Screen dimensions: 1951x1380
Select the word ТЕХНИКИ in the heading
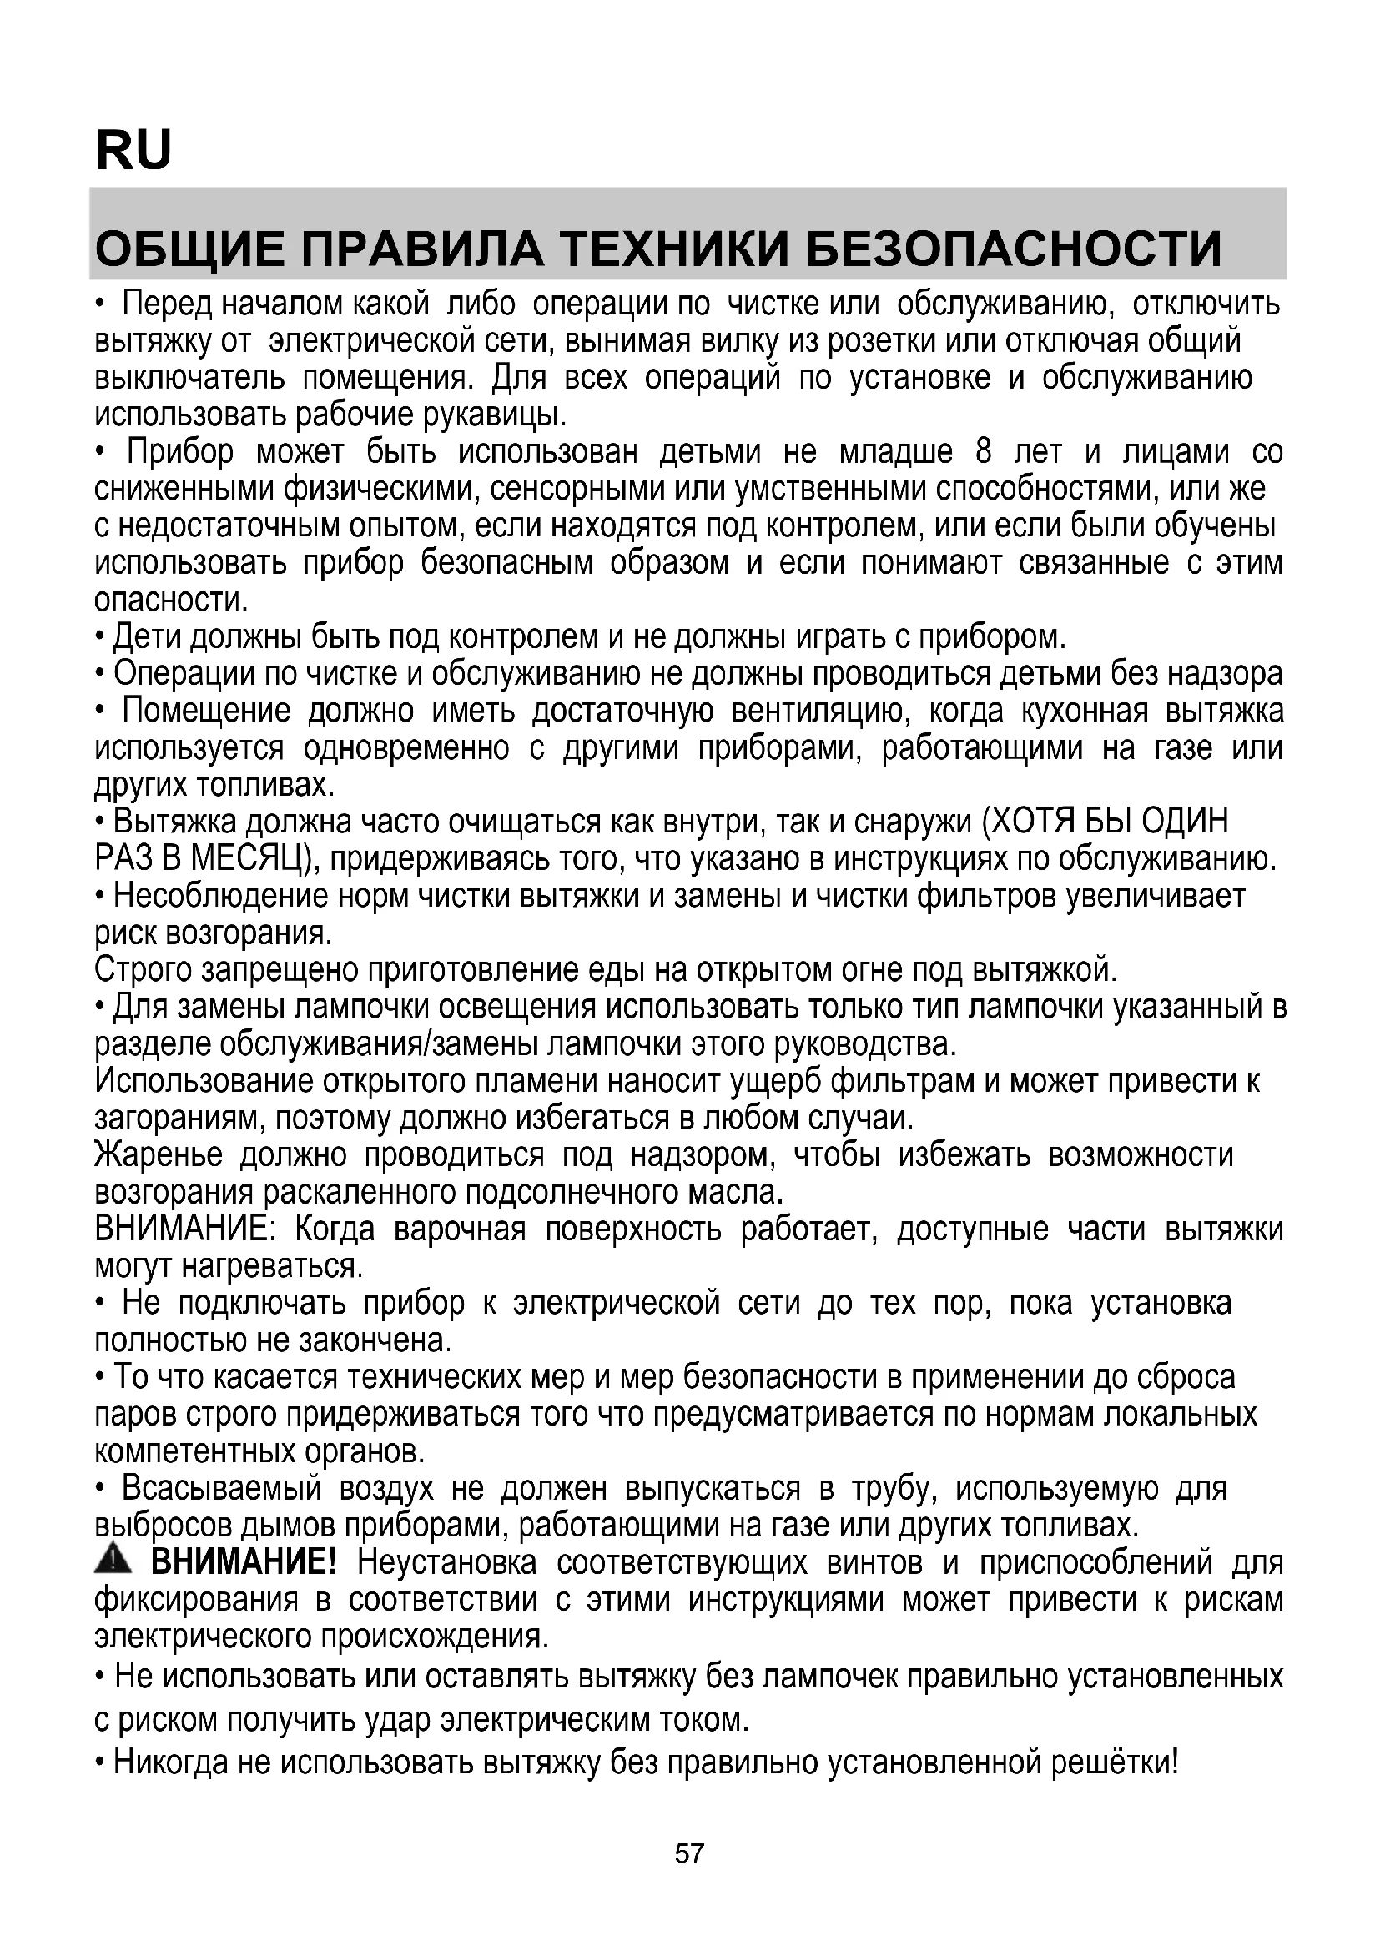pos(675,248)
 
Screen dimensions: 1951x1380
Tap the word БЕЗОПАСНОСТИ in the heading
pos(1013,248)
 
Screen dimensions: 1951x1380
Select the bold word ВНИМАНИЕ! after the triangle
pos(244,1561)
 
